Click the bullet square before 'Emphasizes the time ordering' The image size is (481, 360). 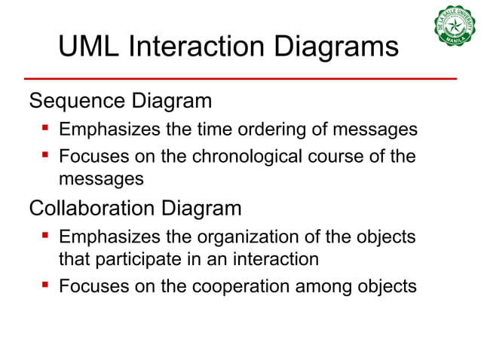coord(45,129)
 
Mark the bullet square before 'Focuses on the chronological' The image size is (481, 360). coord(45,157)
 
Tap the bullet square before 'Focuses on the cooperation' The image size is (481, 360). coord(45,285)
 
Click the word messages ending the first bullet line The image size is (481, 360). coord(377,130)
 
